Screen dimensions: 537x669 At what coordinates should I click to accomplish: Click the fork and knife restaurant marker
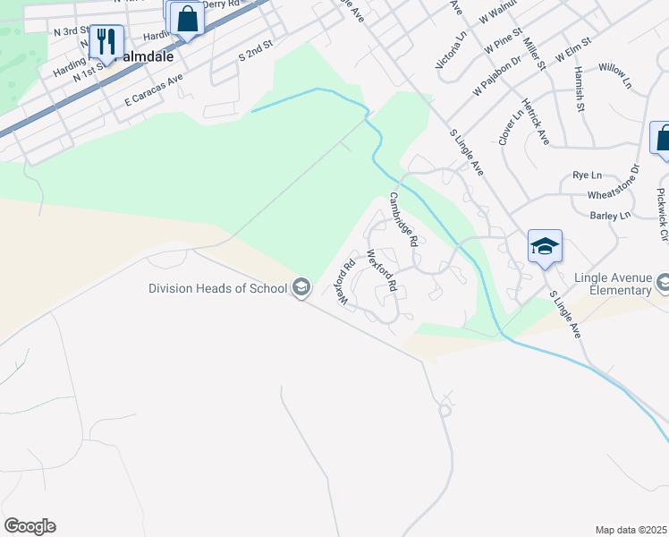coord(106,40)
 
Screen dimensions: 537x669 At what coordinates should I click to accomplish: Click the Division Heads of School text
coord(218,287)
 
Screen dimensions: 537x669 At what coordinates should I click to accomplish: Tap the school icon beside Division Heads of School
coord(301,287)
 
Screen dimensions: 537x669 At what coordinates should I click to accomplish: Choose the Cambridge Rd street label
coord(402,219)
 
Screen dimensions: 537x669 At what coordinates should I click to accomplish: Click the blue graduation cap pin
coord(545,245)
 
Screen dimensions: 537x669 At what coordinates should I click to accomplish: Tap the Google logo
coord(30,525)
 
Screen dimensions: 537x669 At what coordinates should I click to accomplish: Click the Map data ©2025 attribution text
coord(631,530)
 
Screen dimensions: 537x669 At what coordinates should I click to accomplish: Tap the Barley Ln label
coord(611,216)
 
